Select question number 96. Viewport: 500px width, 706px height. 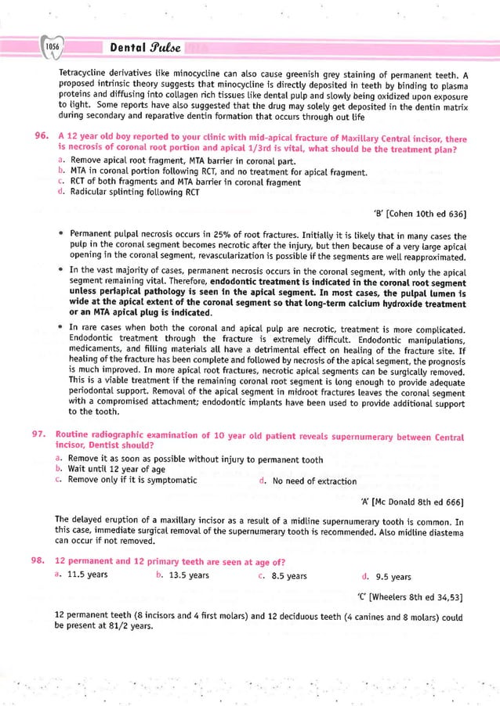click(42, 138)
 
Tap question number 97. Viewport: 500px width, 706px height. click(42, 436)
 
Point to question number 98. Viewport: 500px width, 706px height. click(42, 561)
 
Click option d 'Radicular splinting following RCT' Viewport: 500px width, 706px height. click(133, 193)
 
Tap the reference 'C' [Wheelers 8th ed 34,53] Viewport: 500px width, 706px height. click(408, 597)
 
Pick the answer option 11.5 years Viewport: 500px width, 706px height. click(86, 576)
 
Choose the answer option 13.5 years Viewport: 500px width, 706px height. click(187, 576)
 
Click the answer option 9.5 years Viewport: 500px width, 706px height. click(389, 577)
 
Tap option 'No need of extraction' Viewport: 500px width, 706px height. click(313, 481)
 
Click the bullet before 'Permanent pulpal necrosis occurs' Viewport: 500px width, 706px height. click(60, 234)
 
